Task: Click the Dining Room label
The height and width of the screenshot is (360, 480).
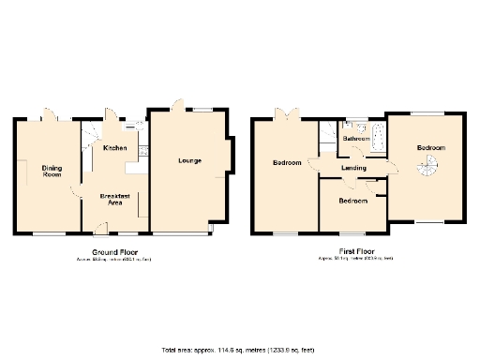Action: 52,172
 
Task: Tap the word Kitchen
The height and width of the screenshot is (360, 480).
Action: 115,148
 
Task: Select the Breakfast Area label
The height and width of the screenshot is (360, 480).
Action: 113,198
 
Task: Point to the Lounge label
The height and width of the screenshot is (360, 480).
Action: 190,160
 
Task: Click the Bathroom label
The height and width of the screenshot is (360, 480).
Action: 355,139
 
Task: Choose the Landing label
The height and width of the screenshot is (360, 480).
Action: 353,168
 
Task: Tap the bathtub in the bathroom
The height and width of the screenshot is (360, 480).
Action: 376,138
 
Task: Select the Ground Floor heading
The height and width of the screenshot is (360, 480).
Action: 112,253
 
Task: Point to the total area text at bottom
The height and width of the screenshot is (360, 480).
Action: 239,349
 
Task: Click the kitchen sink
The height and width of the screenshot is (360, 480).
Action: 142,149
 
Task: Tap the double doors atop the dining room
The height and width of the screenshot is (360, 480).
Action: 52,116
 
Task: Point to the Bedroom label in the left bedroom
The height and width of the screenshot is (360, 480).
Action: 287,163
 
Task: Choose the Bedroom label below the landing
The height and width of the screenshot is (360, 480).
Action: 352,202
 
